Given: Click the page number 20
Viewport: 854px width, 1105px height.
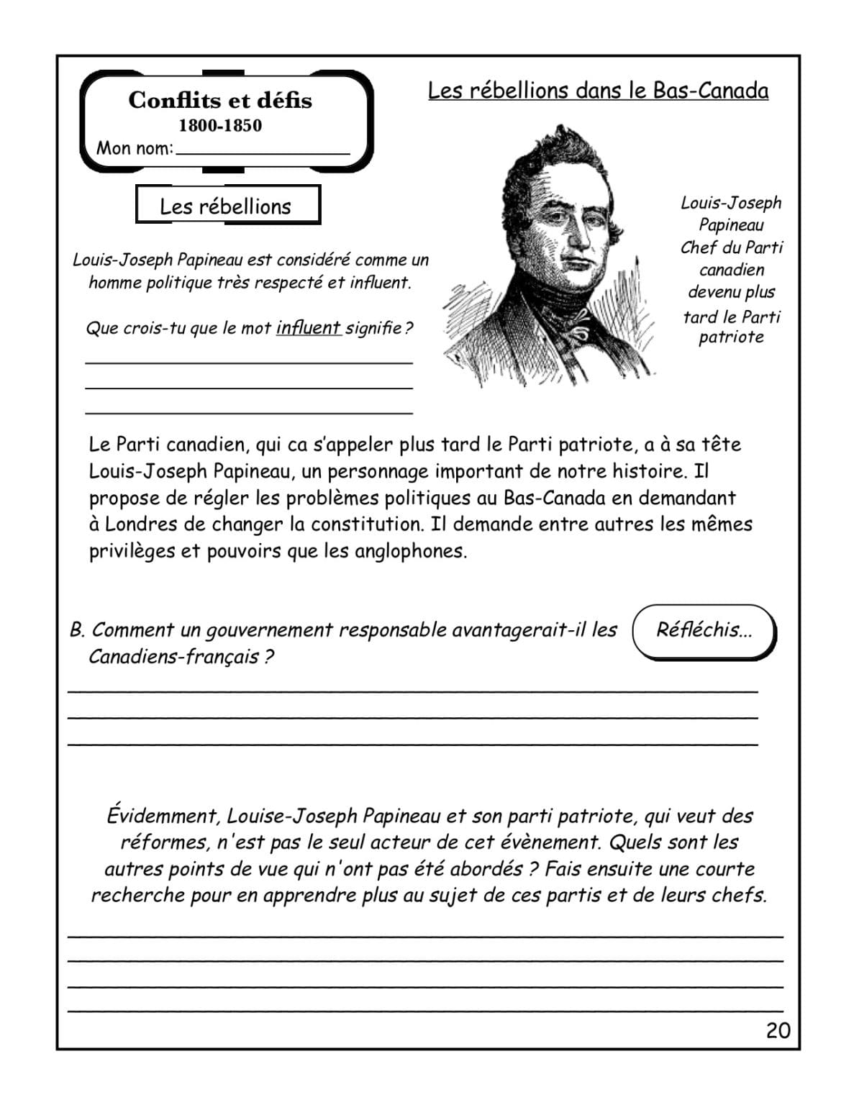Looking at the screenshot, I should pyautogui.click(x=778, y=1030).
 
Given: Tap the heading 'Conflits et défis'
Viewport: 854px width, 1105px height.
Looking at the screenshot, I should pyautogui.click(x=220, y=100).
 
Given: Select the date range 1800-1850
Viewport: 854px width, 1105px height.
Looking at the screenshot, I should pyautogui.click(x=220, y=125).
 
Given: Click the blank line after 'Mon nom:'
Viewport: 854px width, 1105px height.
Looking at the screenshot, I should pyautogui.click(x=263, y=149).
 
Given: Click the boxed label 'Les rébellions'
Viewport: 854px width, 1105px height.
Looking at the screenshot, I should pyautogui.click(x=226, y=206).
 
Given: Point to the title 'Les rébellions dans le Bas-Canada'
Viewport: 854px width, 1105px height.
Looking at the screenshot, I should pyautogui.click(x=598, y=91).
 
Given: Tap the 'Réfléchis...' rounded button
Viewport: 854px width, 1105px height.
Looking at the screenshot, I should pyautogui.click(x=704, y=630).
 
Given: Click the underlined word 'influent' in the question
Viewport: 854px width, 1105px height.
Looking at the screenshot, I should pyautogui.click(x=308, y=328).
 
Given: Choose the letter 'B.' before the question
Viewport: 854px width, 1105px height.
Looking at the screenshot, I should pyautogui.click(x=78, y=630).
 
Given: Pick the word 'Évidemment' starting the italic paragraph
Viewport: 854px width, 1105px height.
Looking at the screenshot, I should pyautogui.click(x=162, y=816).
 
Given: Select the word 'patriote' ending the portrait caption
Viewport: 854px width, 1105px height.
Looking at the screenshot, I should pyautogui.click(x=731, y=337).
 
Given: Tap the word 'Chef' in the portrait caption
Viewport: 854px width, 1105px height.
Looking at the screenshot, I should pyautogui.click(x=698, y=247).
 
